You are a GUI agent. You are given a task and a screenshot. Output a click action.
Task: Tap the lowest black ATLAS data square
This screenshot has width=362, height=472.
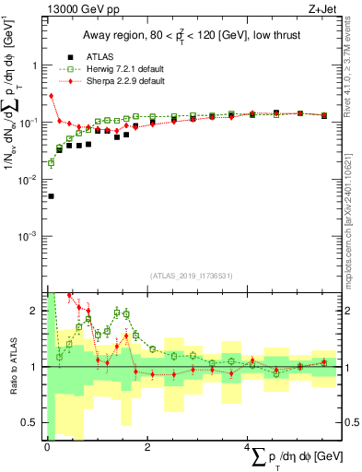tap(51, 196)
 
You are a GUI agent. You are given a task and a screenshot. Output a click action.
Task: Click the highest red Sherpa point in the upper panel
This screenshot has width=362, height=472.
tap(52, 96)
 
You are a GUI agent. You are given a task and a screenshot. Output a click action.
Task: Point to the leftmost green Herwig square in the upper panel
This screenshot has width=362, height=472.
tap(51, 163)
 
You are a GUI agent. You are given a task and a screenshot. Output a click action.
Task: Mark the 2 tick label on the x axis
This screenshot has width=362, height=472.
tap(148, 446)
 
